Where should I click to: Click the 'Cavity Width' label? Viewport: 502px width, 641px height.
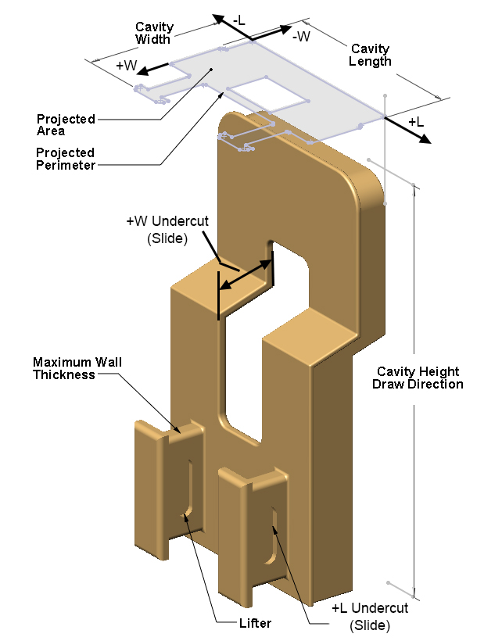154,33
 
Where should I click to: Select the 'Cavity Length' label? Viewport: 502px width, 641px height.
371,55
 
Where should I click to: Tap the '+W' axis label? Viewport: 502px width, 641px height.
126,65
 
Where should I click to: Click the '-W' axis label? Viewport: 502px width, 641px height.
300,36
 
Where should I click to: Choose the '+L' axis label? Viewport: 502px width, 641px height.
416,122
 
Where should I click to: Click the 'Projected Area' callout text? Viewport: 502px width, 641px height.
66,125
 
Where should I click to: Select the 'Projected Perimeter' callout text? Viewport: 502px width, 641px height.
66,159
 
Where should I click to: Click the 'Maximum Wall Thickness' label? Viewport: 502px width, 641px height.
77,368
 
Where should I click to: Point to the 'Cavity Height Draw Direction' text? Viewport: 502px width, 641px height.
418,378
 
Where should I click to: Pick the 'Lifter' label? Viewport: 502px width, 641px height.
255,623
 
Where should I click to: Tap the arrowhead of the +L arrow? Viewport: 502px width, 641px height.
424,140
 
